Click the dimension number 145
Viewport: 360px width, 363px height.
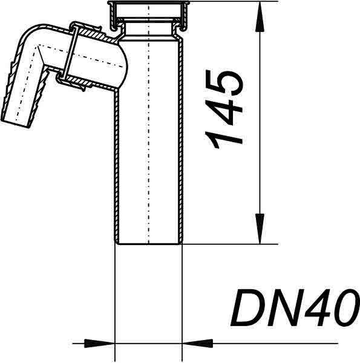(224, 109)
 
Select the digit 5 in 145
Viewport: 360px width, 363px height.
(224, 83)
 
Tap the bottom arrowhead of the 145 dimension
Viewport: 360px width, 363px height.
(260, 229)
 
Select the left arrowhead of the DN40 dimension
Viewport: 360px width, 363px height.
(100, 343)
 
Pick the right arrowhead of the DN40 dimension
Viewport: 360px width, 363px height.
(197, 343)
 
